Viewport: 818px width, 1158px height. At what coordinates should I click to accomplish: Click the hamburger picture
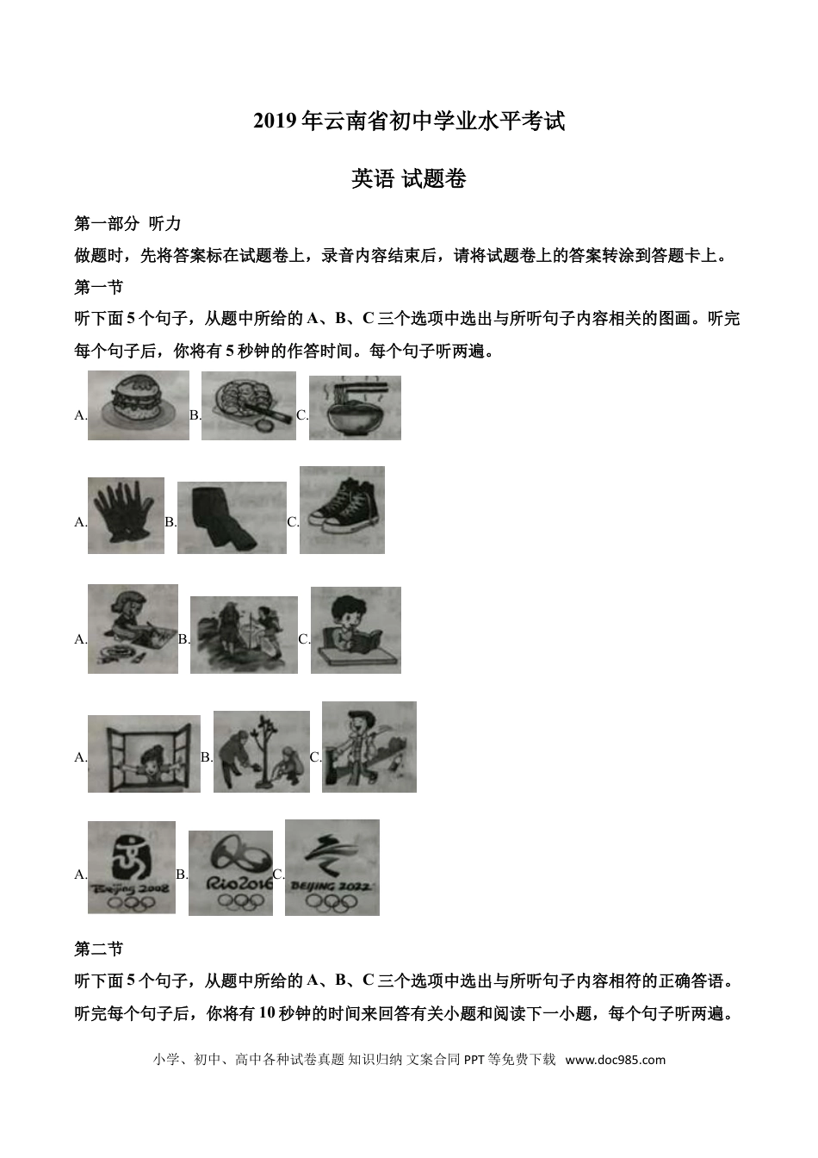pyautogui.click(x=138, y=406)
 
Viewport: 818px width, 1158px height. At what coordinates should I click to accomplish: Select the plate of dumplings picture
pyautogui.click(x=248, y=406)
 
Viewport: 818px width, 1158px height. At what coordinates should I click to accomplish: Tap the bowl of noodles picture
pyautogui.click(x=355, y=408)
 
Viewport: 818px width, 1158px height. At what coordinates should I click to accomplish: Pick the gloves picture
pyautogui.click(x=126, y=515)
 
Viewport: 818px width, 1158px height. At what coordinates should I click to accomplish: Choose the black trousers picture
pyautogui.click(x=231, y=517)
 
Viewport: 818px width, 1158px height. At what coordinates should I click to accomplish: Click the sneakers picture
pyautogui.click(x=342, y=510)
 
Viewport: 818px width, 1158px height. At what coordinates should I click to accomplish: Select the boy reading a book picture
pyautogui.click(x=355, y=630)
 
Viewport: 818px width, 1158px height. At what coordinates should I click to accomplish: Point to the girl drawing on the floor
pyautogui.click(x=133, y=629)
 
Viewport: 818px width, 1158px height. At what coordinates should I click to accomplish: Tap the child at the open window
pyautogui.click(x=144, y=753)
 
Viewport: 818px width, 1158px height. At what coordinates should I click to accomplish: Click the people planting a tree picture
pyautogui.click(x=261, y=751)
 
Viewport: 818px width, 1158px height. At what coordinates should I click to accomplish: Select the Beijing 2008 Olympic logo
pyautogui.click(x=131, y=867)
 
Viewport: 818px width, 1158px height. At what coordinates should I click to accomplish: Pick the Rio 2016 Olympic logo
pyautogui.click(x=230, y=872)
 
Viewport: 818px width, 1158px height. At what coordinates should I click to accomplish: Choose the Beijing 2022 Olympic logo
pyautogui.click(x=332, y=867)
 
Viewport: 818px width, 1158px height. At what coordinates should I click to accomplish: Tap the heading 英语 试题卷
pyautogui.click(x=409, y=178)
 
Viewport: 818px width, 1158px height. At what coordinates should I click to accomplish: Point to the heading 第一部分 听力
pyautogui.click(x=127, y=224)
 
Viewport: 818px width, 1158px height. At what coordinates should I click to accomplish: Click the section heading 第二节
pyautogui.click(x=99, y=949)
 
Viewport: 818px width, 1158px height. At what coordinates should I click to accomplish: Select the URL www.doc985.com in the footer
pyautogui.click(x=615, y=1060)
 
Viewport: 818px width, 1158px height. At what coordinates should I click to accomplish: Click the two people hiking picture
pyautogui.click(x=244, y=635)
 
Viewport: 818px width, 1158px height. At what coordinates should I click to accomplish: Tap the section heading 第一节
pyautogui.click(x=99, y=287)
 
